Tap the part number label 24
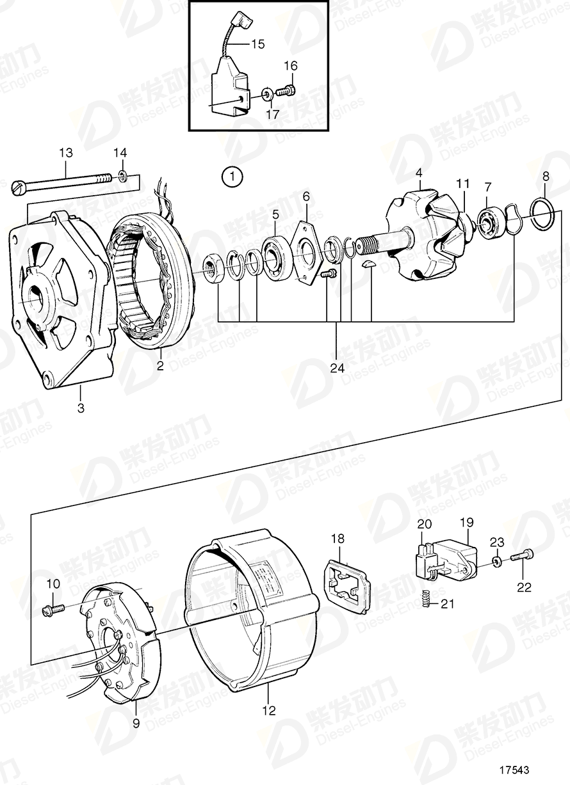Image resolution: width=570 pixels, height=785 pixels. (338, 369)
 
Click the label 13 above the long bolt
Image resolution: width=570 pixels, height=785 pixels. (66, 153)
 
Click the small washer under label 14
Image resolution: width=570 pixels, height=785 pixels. (122, 175)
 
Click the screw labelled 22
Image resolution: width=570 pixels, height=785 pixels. (521, 557)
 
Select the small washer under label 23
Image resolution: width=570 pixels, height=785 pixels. (497, 561)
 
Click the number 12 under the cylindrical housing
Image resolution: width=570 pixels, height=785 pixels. (270, 710)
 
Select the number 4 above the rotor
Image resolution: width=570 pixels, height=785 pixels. (418, 173)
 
